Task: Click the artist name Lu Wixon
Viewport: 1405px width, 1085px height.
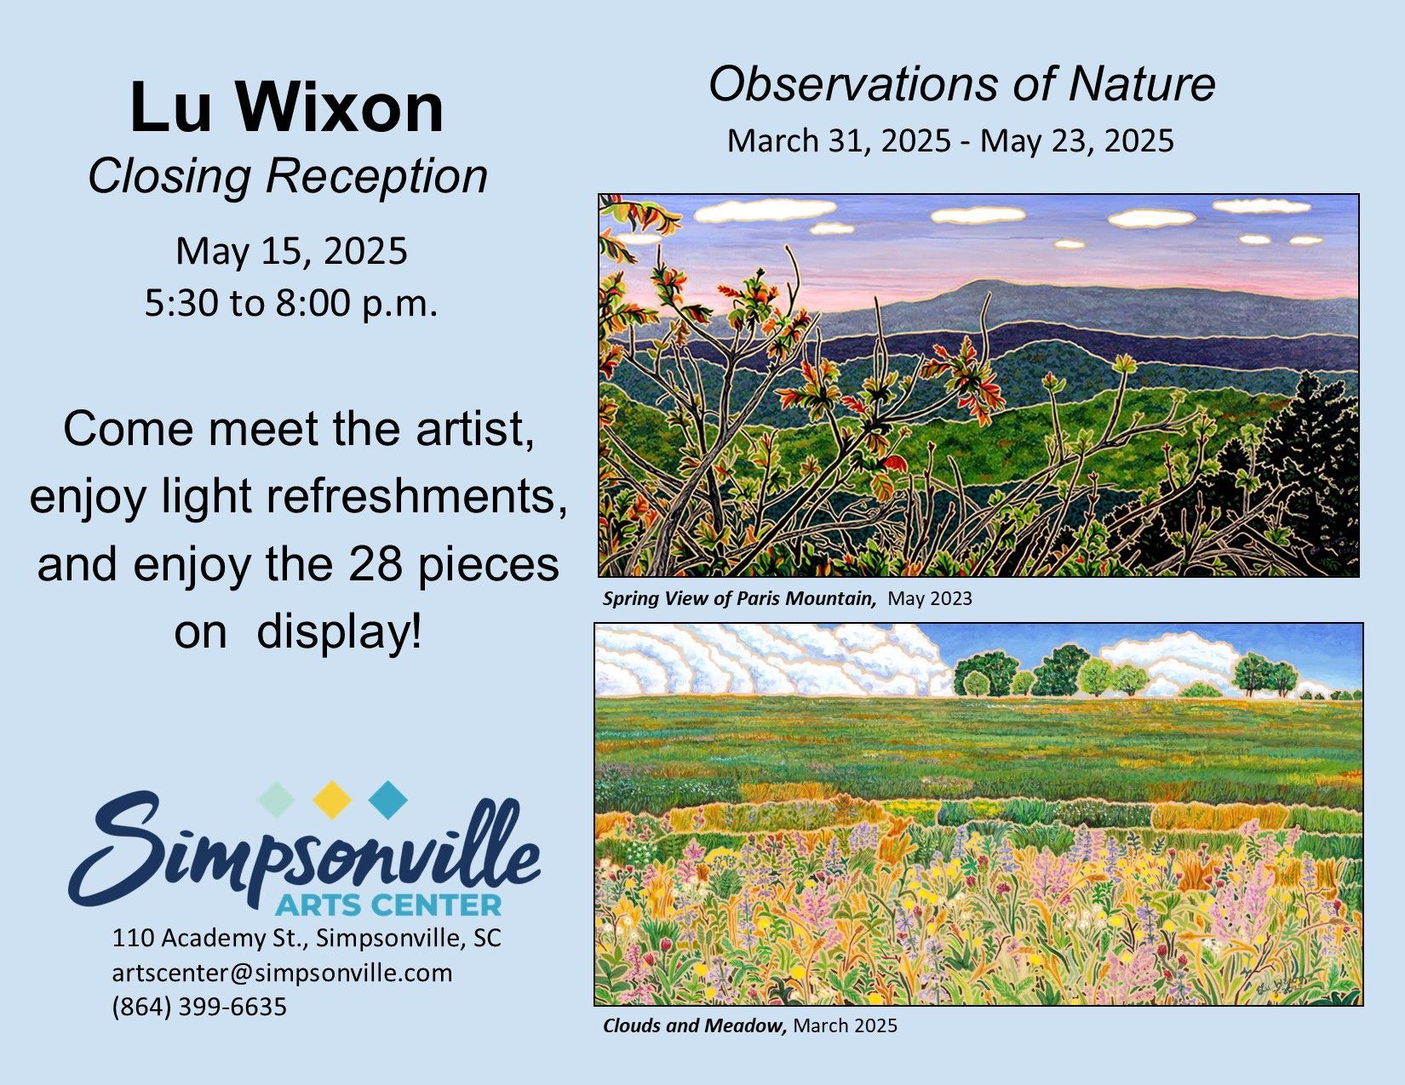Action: point(287,107)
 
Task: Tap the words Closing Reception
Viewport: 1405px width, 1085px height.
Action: point(288,177)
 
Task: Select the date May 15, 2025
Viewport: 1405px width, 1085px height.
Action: point(291,251)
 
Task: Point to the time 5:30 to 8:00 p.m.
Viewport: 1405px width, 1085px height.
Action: point(291,302)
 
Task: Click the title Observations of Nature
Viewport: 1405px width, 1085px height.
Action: point(962,84)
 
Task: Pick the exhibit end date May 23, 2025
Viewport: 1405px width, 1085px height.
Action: point(1077,141)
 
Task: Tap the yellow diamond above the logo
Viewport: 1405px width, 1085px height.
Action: point(332,800)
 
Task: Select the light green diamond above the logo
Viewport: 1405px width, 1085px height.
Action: point(276,800)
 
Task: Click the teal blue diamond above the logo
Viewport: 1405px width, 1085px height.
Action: point(388,800)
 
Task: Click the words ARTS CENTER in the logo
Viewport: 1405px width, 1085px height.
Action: point(388,905)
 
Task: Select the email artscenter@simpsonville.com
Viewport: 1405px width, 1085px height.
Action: point(282,974)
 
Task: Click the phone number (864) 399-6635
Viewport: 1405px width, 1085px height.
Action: point(199,1007)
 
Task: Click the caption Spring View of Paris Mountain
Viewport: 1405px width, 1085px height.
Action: point(739,599)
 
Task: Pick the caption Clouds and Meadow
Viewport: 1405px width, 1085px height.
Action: point(695,1025)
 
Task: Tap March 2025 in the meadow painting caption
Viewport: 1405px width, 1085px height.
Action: point(845,1025)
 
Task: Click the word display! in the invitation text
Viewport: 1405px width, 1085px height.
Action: point(339,633)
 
